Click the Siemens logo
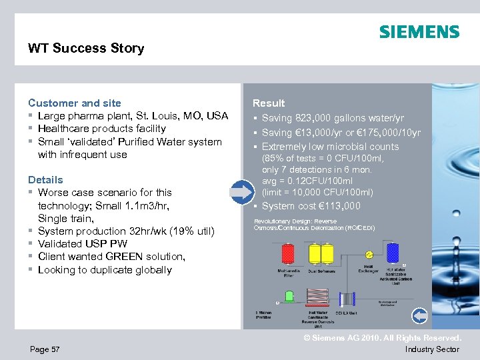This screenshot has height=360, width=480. pyautogui.click(x=419, y=32)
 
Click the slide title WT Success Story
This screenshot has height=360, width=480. pyautogui.click(x=86, y=48)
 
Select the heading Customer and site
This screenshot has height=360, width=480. pyautogui.click(x=75, y=103)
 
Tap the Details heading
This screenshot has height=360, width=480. pyautogui.click(x=45, y=179)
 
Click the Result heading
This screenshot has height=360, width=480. pyautogui.click(x=268, y=103)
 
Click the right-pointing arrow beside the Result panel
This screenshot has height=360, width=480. pyautogui.click(x=241, y=191)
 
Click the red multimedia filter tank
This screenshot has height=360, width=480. pyautogui.click(x=288, y=253)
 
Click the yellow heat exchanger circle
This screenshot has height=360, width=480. pyautogui.click(x=367, y=255)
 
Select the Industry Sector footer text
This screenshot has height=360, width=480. pyautogui.click(x=432, y=349)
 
